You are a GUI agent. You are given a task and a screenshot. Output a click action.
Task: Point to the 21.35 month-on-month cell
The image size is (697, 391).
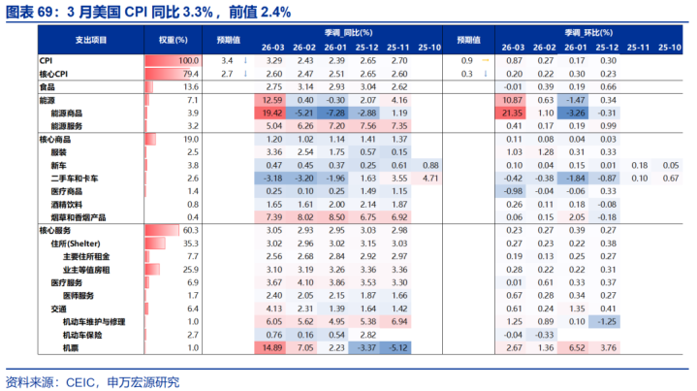pos(513,113)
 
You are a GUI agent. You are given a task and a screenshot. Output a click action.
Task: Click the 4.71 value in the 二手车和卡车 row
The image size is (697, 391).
pos(431,178)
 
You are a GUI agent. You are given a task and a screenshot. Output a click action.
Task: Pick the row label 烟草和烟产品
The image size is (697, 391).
pos(79,216)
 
